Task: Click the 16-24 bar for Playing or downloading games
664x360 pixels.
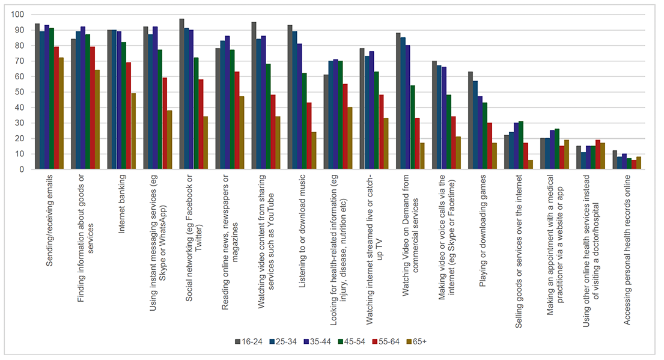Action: [471, 121]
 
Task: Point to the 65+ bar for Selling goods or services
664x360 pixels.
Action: [531, 165]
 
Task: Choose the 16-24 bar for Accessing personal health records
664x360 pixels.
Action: [615, 160]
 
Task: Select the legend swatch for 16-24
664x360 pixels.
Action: [238, 342]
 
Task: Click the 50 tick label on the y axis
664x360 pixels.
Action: [22, 92]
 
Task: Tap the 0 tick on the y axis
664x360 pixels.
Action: [25, 169]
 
